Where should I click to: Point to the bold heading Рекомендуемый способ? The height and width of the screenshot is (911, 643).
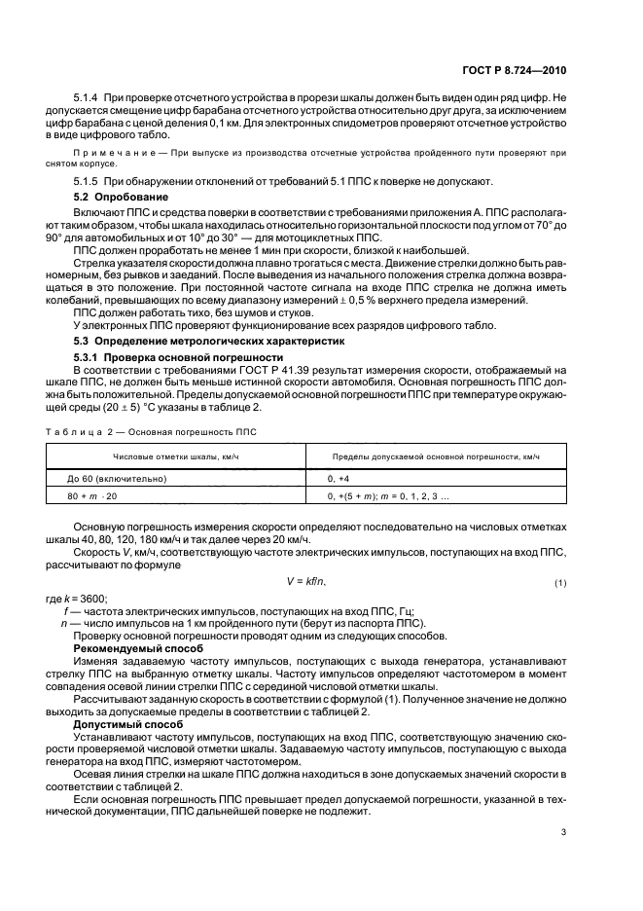click(x=131, y=648)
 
